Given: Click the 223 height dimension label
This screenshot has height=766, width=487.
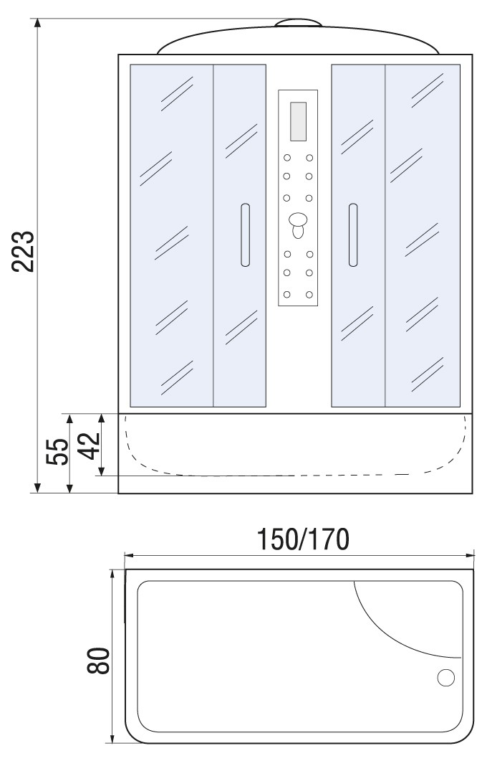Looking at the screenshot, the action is click(x=24, y=251).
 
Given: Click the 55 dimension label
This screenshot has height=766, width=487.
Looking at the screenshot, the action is click(x=57, y=452).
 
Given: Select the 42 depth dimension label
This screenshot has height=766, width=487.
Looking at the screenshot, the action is click(x=90, y=445).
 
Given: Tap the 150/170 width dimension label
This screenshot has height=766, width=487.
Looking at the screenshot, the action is click(x=303, y=539).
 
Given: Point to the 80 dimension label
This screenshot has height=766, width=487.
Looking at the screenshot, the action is click(x=99, y=661).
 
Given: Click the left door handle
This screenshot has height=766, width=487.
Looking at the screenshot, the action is click(x=245, y=235).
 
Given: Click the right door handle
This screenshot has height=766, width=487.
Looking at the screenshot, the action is click(x=353, y=235).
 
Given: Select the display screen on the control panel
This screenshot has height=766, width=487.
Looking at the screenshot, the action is click(x=298, y=121).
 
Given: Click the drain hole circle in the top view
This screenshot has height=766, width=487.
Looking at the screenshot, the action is click(x=446, y=678).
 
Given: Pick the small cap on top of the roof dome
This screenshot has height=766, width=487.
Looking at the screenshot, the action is click(x=298, y=22).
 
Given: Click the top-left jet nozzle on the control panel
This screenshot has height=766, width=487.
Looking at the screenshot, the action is click(x=287, y=158).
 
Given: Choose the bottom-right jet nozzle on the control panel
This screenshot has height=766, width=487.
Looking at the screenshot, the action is click(x=309, y=295).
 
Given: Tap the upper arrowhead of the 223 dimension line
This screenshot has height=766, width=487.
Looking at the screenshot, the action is click(x=37, y=24).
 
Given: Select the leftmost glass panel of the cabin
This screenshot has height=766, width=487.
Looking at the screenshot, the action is click(x=172, y=235).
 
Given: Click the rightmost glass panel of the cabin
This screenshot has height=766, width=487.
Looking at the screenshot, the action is click(x=423, y=235).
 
